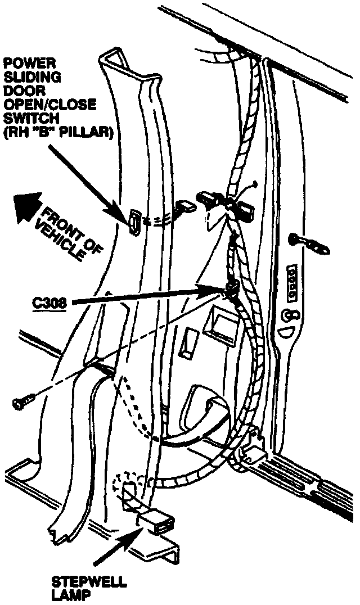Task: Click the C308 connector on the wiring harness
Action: tap(230, 290)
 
